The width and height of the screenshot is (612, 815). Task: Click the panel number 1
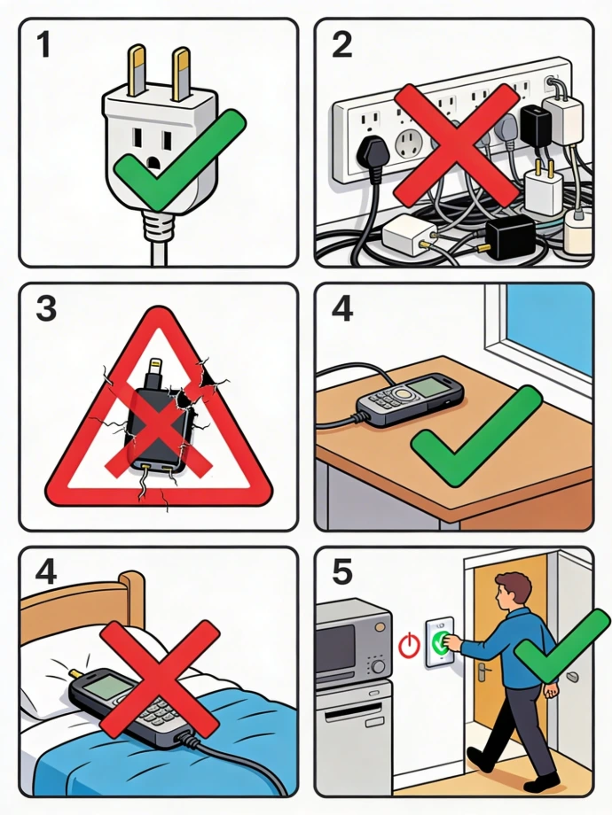43,44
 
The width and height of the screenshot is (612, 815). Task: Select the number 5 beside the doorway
341,571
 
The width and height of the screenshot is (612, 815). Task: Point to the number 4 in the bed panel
46,573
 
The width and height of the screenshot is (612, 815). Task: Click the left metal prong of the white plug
137,71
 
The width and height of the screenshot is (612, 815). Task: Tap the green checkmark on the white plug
179,159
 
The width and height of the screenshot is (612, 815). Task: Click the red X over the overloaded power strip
457,144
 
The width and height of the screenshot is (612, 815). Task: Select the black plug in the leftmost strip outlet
370,151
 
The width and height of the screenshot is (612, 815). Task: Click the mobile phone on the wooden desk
410,399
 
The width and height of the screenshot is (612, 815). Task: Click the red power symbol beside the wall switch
409,645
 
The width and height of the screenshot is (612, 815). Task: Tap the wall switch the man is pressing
440,642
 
